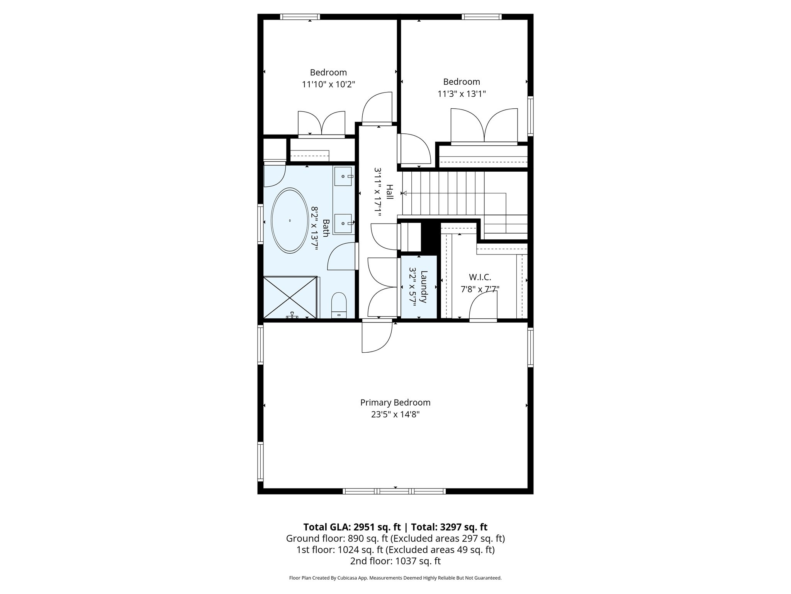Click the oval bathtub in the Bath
tap(290, 220)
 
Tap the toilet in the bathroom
tap(339, 305)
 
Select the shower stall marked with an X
tap(290, 297)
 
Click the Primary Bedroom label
tap(395, 403)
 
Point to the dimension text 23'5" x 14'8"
tap(395, 415)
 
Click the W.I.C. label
tap(480, 277)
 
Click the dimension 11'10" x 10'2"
tap(328, 84)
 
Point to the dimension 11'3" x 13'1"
tap(462, 94)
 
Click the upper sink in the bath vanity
tap(343, 176)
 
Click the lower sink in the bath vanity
tap(343, 224)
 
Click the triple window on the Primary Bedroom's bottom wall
tap(394, 492)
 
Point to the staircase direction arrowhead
tap(404, 193)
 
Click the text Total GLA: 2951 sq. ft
tap(352, 527)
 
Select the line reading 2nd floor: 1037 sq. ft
tap(395, 561)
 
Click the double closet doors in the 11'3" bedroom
tap(484, 127)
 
